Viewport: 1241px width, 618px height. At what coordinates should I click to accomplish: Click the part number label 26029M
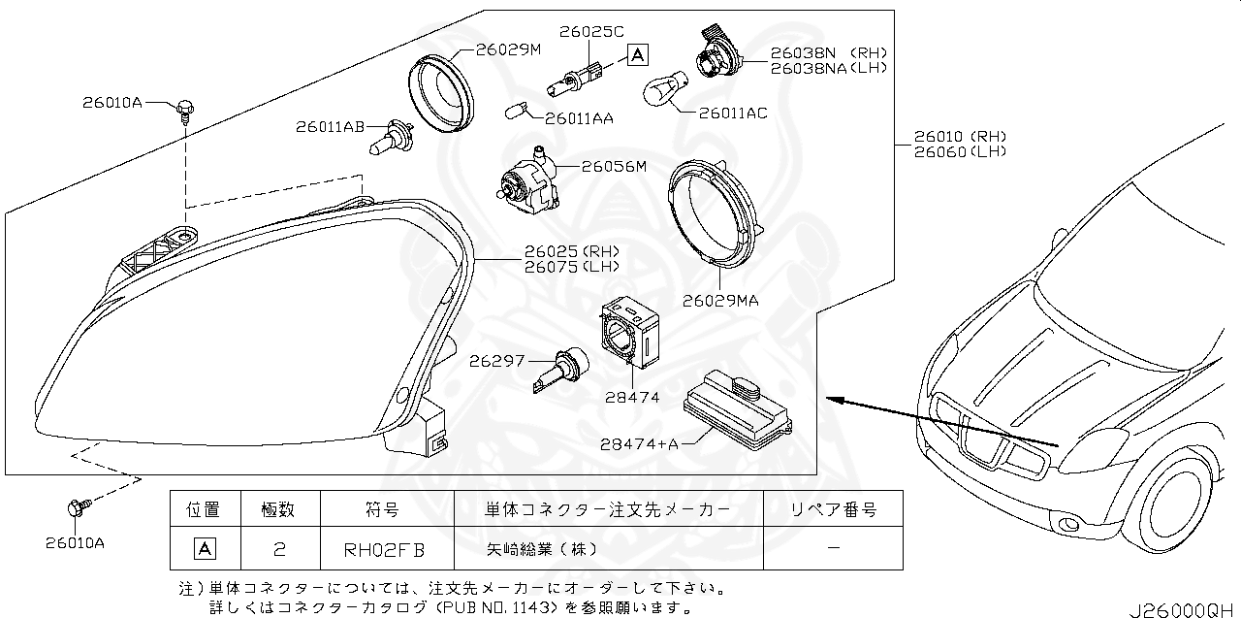pyautogui.click(x=508, y=49)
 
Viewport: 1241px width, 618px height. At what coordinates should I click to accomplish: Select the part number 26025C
pyautogui.click(x=591, y=31)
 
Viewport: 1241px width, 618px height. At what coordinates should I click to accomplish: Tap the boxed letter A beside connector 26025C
pyautogui.click(x=637, y=54)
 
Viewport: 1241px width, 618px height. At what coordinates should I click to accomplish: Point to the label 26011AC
pyautogui.click(x=732, y=114)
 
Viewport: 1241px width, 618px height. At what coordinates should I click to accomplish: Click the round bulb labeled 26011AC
pyautogui.click(x=664, y=93)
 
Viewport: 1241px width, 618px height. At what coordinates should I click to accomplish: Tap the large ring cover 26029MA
pyautogui.click(x=713, y=212)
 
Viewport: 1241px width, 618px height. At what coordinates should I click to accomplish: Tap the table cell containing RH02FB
pyautogui.click(x=385, y=549)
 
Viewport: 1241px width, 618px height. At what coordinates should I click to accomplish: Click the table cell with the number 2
pyautogui.click(x=278, y=549)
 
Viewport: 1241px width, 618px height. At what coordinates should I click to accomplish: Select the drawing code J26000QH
pyautogui.click(x=1182, y=607)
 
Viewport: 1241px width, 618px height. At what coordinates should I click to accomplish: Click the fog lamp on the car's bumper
pyautogui.click(x=1067, y=525)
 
